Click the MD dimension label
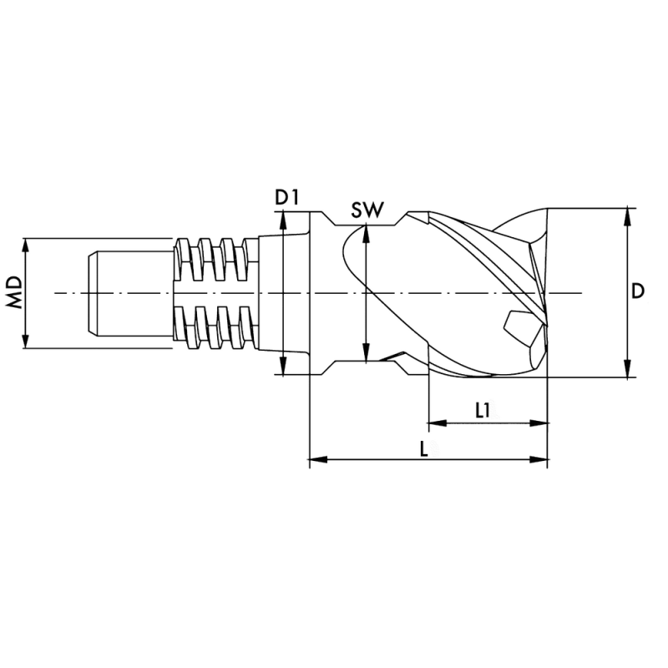pos(15,293)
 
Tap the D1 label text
pos(287,198)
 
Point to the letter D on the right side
pos(637,291)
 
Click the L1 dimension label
pos(483,410)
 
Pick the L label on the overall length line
pos(425,448)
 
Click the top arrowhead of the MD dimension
pos(27,245)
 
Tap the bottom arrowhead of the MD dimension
pos(27,342)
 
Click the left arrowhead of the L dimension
pos(316,458)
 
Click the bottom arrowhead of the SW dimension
pos(366,357)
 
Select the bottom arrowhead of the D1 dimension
pos(284,368)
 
